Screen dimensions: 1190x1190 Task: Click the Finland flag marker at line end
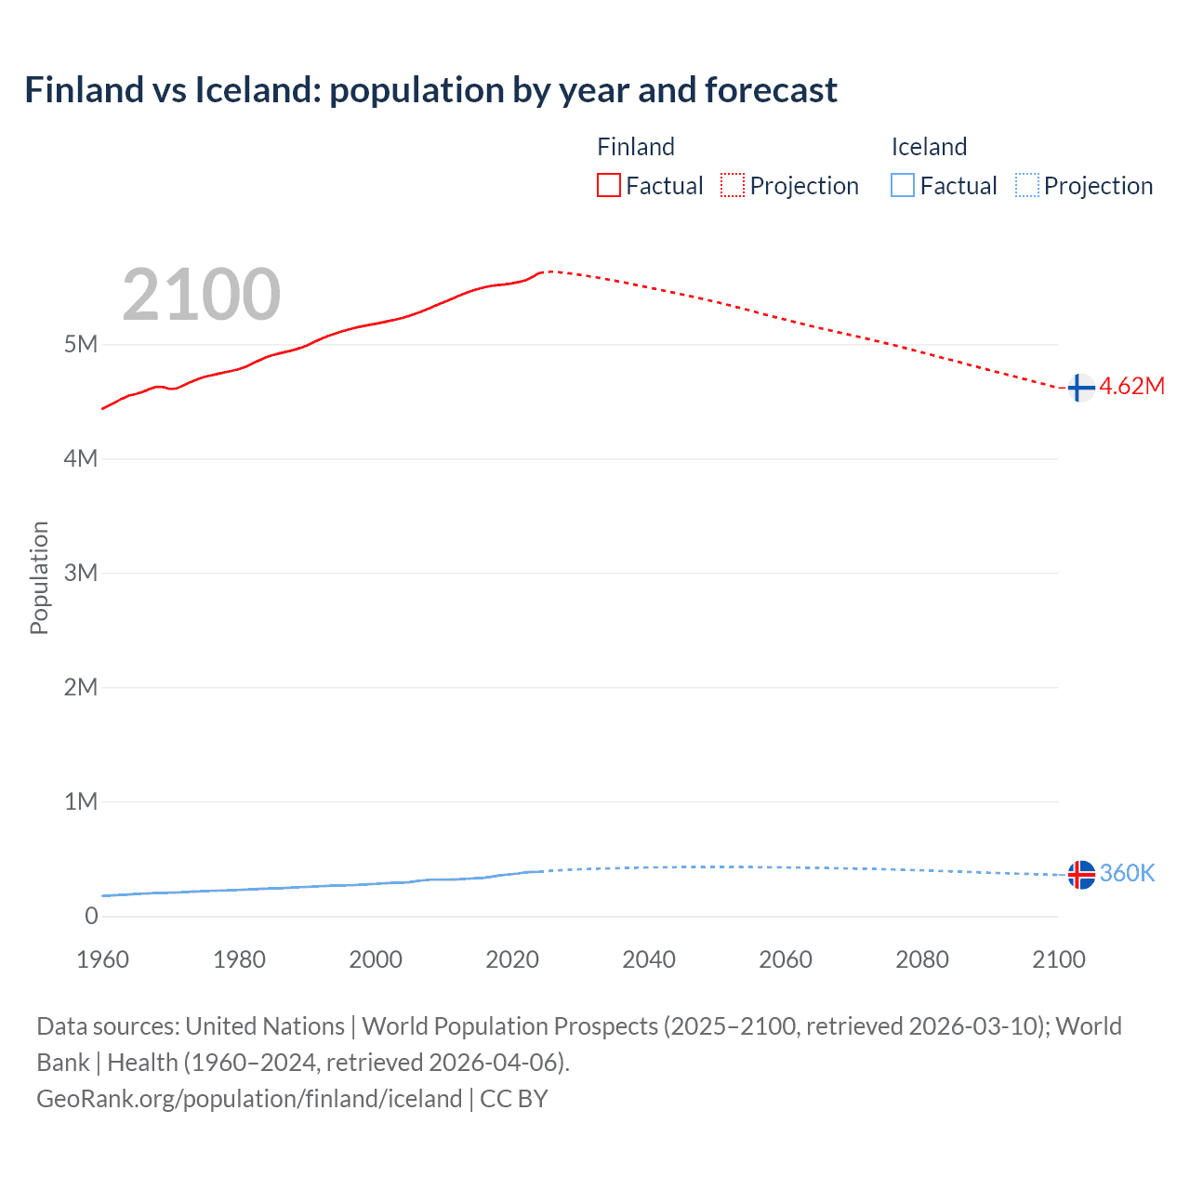pos(1080,387)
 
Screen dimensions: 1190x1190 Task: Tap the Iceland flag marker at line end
pos(1080,874)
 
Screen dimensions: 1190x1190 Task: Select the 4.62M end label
pos(1131,387)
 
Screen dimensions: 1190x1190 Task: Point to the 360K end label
pos(1127,873)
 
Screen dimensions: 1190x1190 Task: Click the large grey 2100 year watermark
pos(201,295)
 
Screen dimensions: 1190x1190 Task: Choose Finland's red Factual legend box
pos(609,186)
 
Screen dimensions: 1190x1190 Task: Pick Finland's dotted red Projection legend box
pos(733,186)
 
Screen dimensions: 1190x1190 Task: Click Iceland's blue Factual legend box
pos(903,186)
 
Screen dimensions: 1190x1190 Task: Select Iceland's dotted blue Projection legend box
pos(1027,186)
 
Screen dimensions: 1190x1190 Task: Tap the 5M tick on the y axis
pos(81,345)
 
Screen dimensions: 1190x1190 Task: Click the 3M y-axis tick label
pos(81,573)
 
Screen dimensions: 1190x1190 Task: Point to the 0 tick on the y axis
pos(91,916)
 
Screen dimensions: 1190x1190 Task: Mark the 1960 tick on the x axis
pos(102,959)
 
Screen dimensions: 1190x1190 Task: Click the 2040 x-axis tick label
pos(649,959)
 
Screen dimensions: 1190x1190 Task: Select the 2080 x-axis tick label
pos(922,959)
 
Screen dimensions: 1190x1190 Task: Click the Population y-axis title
pos(39,577)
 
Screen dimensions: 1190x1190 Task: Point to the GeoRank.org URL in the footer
pos(249,1099)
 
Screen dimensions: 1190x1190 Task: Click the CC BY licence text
pos(514,1099)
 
